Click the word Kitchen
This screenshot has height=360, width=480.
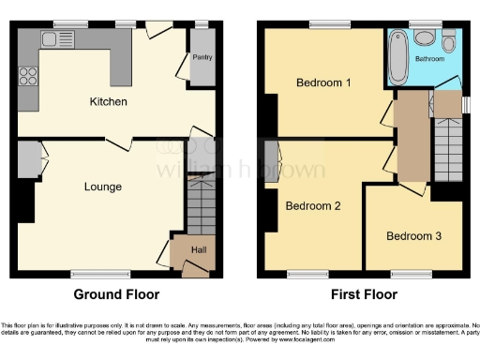108,101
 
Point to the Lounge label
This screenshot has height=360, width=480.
102,187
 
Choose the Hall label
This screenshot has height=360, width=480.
199,250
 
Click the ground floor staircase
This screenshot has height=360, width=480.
202,205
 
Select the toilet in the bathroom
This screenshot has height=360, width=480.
427,38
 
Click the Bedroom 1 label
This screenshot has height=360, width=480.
323,83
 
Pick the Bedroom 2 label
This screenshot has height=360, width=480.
312,206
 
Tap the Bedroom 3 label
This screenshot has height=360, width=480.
413,236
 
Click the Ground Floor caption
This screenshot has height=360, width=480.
110,294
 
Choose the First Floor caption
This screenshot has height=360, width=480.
360,294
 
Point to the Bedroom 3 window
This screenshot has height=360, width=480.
410,274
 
